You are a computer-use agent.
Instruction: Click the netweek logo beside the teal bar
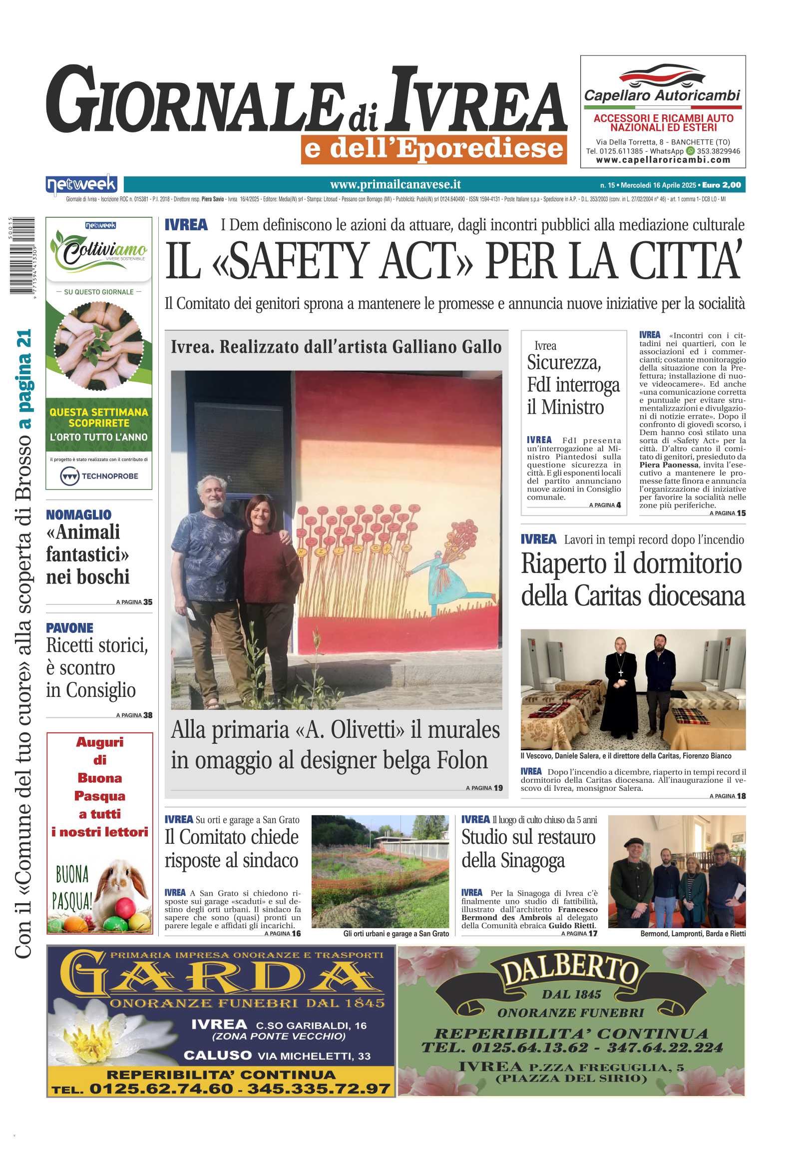(81, 184)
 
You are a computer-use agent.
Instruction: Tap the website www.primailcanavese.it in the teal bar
(395, 185)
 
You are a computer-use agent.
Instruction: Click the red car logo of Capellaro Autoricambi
(662, 75)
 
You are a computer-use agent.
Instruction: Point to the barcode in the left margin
(22, 255)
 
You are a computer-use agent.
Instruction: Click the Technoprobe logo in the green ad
(99, 476)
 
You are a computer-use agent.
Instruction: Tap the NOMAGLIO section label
(78, 514)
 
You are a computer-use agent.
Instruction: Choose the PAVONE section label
(69, 627)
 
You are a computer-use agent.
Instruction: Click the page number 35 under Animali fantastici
(147, 602)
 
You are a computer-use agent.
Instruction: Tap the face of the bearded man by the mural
(212, 493)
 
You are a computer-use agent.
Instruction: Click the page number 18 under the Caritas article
(741, 796)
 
